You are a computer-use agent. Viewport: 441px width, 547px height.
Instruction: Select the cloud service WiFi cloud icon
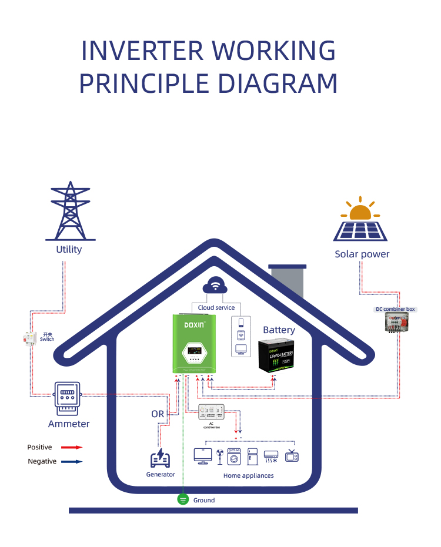[216, 287]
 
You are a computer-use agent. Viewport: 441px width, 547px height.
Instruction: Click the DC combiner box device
[395, 322]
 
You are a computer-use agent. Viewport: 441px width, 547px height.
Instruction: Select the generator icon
[160, 458]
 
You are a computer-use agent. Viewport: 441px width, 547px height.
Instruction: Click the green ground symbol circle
[183, 500]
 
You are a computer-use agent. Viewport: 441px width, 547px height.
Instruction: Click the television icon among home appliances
[292, 456]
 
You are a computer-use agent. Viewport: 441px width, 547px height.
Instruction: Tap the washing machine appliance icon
[235, 457]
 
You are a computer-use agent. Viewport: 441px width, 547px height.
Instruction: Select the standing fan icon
[219, 457]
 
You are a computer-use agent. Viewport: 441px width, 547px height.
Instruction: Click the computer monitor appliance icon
[203, 456]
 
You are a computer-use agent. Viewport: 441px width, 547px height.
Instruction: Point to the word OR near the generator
[158, 414]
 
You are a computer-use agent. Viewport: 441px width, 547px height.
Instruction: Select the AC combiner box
[211, 412]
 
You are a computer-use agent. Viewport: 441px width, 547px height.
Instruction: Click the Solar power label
[362, 254]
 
